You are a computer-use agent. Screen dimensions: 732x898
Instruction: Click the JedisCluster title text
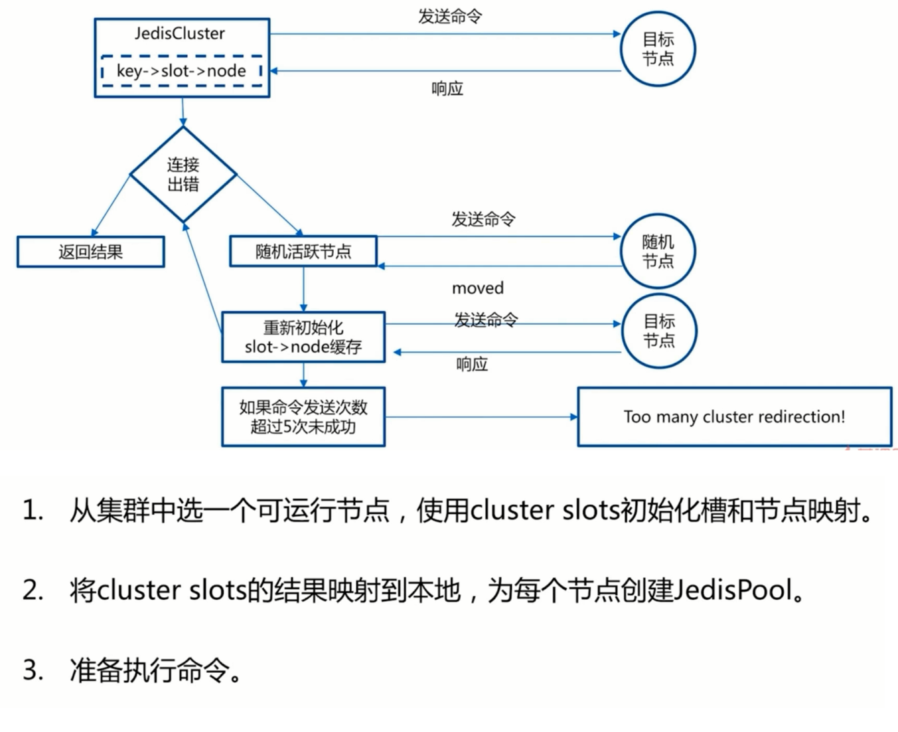180,33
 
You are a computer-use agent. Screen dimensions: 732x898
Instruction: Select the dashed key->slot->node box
181,71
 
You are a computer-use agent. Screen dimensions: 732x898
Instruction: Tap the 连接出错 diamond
183,175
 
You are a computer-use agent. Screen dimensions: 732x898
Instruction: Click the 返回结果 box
90,252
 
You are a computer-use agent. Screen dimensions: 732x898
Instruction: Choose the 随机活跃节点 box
303,252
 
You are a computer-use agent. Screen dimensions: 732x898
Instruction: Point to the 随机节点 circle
657,252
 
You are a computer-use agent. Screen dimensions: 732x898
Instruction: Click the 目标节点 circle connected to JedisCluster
657,49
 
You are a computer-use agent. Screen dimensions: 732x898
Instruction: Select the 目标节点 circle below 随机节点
658,331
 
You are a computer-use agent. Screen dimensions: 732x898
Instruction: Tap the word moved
477,288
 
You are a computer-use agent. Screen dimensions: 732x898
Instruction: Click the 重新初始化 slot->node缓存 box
303,337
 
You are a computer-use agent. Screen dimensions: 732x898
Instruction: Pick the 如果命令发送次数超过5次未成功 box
303,417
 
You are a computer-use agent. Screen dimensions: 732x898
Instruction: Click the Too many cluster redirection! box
734,417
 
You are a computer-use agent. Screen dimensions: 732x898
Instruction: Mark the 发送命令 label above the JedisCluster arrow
449,17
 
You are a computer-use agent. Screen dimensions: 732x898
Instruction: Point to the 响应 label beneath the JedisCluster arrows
447,88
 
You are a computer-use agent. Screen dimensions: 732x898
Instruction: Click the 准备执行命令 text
149,670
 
